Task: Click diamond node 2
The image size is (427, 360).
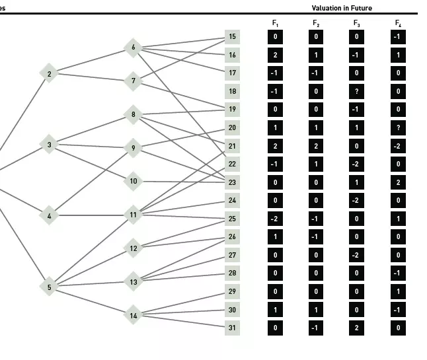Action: [48, 73]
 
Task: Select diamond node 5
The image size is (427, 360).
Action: [48, 287]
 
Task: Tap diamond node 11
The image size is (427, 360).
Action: [133, 215]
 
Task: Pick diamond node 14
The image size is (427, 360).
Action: [133, 315]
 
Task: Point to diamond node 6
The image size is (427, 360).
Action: [133, 48]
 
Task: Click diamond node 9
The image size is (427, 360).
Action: [133, 148]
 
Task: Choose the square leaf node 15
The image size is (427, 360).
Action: [232, 37]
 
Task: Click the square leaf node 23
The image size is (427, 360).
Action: [232, 182]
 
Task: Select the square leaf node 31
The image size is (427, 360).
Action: [232, 328]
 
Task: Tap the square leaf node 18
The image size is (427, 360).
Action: [232, 91]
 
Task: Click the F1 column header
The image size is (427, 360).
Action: [275, 23]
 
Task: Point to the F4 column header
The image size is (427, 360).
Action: [398, 23]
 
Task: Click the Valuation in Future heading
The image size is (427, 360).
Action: [342, 8]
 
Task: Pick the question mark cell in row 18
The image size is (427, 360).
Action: [357, 91]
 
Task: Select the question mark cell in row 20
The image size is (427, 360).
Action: [398, 127]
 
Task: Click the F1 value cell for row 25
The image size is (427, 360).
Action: [275, 219]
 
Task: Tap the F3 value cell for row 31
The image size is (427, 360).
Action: [357, 328]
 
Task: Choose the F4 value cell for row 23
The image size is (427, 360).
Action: [398, 182]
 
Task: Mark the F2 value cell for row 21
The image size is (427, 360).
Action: [316, 146]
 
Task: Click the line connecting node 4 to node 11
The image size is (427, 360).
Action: [91, 215]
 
